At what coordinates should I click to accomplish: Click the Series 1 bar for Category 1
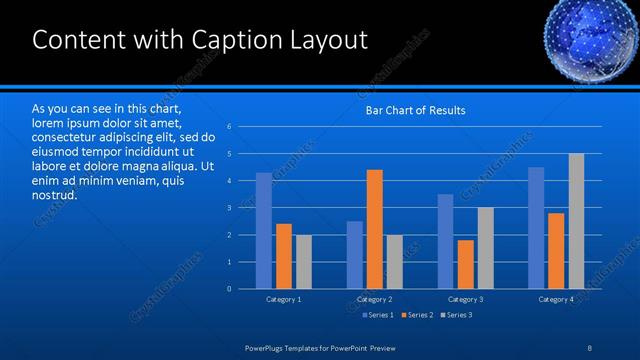[x=264, y=231]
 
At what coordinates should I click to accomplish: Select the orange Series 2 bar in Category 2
[x=375, y=229]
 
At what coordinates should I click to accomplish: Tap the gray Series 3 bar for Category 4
[x=576, y=221]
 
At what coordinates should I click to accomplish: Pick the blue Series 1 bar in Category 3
[x=445, y=241]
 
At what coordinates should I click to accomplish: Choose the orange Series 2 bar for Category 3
[x=465, y=264]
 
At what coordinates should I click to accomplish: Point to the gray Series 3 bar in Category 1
[x=304, y=262]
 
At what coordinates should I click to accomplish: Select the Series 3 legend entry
[x=458, y=315]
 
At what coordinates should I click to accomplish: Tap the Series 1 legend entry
[x=378, y=315]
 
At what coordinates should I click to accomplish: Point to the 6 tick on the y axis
[x=229, y=127]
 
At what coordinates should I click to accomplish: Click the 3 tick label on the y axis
[x=229, y=208]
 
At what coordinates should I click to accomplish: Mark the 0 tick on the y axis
[x=229, y=289]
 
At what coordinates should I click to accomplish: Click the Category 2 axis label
[x=374, y=299]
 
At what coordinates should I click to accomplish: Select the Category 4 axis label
[x=556, y=299]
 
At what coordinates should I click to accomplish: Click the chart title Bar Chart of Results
[x=414, y=110]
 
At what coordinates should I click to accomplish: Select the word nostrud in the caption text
[x=54, y=194]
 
